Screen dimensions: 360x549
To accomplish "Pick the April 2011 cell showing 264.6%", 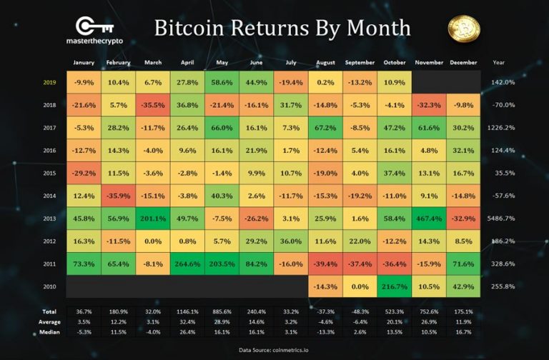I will click(188, 264).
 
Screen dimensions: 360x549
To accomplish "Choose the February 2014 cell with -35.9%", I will click(119, 195).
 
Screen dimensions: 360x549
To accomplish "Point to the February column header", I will click(119, 62).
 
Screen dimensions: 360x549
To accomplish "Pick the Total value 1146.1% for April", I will click(188, 311).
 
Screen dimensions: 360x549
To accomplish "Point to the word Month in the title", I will click(377, 29).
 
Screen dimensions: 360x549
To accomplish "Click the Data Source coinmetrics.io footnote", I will click(274, 350).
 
